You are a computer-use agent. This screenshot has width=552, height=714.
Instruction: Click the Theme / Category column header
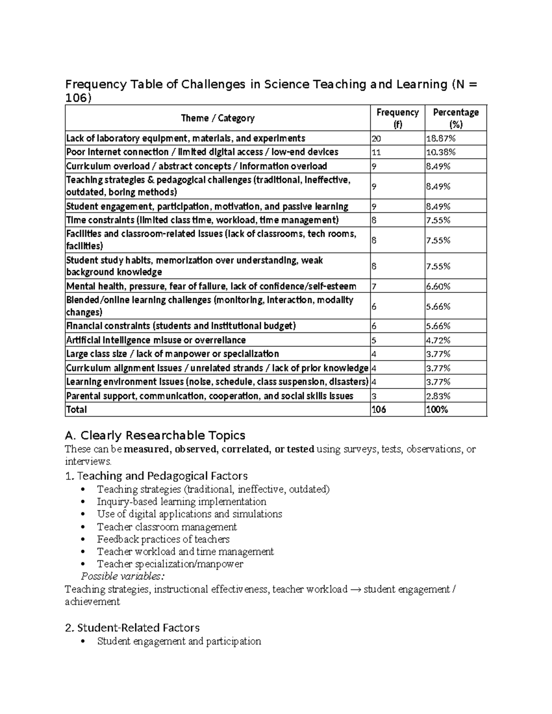pos(218,118)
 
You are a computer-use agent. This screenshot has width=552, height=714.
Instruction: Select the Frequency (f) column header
pos(397,118)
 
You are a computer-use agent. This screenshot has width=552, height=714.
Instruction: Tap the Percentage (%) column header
pos(455,118)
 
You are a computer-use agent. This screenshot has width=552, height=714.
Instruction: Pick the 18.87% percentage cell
pos(438,138)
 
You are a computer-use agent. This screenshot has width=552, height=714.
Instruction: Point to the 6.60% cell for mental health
pos(438,286)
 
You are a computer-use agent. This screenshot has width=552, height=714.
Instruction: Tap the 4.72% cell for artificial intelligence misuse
pos(438,340)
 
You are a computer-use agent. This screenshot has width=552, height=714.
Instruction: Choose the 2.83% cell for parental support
pos(438,396)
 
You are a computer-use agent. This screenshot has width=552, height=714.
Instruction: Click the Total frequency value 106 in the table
pos(379,410)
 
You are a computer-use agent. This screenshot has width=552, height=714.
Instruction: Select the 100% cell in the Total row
pos(437,410)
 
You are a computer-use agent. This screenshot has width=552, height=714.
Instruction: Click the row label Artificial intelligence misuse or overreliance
pos(156,340)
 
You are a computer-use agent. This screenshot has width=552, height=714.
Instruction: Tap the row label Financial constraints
pos(181,326)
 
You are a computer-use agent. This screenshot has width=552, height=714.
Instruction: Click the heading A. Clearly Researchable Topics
pos(155,435)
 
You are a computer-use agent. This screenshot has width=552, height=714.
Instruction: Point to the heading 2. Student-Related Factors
pos(132,628)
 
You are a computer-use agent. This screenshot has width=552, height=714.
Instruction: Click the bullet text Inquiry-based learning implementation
pos(181,502)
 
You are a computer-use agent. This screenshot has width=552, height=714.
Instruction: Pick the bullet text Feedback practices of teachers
pos(163,539)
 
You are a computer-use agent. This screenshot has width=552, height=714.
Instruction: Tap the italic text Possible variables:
pos(122,577)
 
